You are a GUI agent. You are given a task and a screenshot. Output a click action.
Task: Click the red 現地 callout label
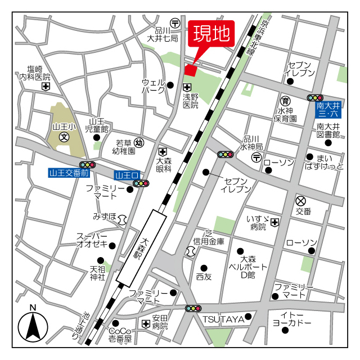click(x=212, y=34)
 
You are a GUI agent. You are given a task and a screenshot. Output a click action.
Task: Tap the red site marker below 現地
click(x=190, y=70)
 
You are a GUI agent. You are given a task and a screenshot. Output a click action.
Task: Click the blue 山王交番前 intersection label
click(x=69, y=174)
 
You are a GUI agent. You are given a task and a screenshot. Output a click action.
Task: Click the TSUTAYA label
click(x=223, y=319)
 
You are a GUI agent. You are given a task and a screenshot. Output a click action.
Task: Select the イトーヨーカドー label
click(x=291, y=318)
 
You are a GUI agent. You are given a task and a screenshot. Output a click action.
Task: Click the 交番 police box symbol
click(x=301, y=200)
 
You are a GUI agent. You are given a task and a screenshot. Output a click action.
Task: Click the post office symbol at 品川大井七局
click(x=175, y=23)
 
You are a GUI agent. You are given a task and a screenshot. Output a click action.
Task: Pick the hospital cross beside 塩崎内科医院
click(x=46, y=87)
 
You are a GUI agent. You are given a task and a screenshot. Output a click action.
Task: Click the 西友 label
click(x=204, y=276)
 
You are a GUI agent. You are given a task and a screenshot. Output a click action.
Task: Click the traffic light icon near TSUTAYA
click(x=193, y=308)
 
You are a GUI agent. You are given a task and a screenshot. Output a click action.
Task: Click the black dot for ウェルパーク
click(x=170, y=85)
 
